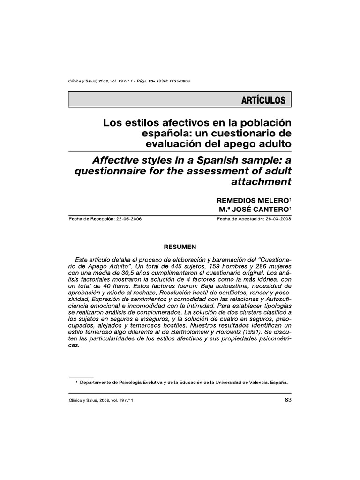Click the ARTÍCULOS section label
[263, 100]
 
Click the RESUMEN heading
[180, 246]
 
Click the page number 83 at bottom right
[288, 400]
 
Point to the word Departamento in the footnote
[97, 382]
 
